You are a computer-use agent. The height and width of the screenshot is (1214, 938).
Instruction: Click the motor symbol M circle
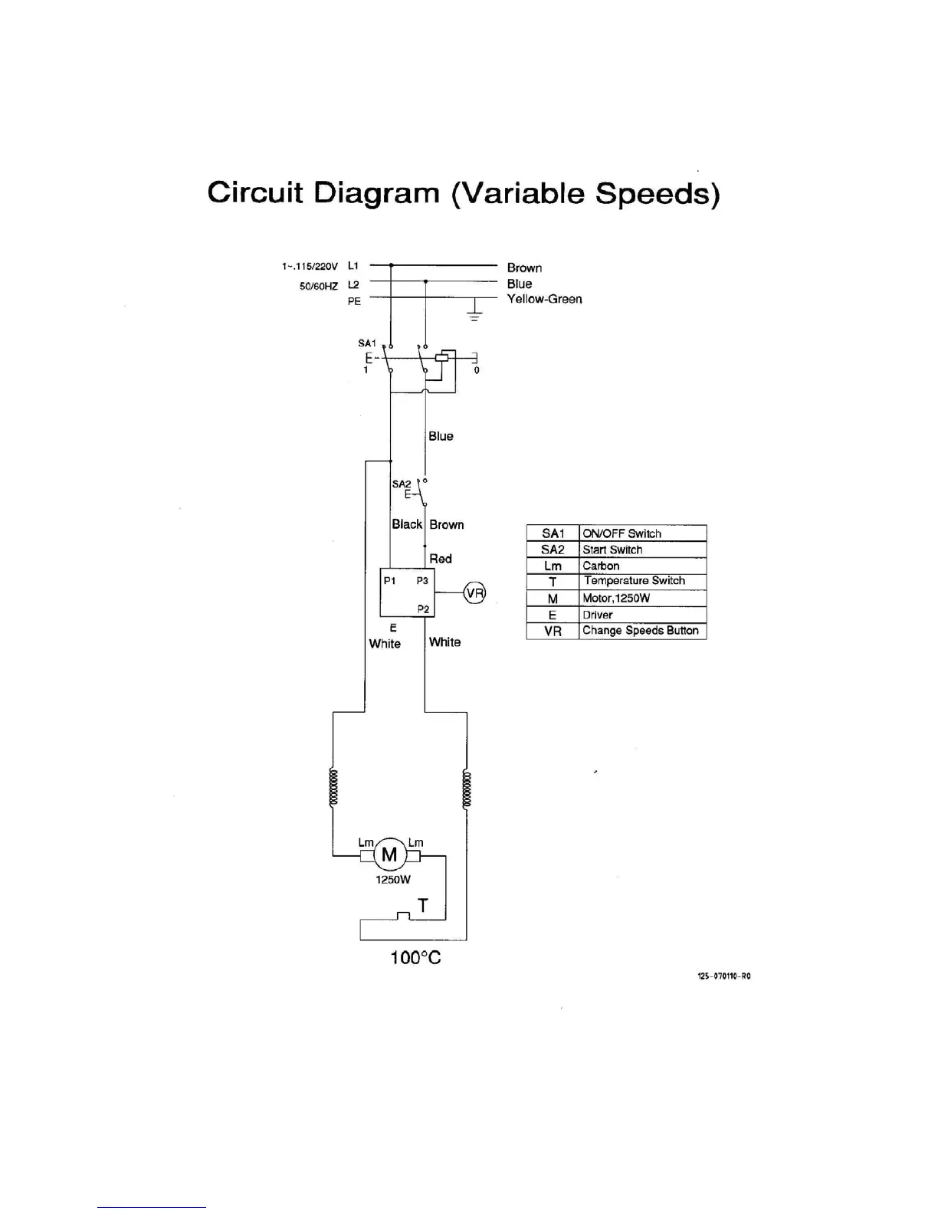pyautogui.click(x=389, y=855)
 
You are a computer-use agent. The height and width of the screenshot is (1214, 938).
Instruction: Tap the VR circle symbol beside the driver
pyautogui.click(x=475, y=592)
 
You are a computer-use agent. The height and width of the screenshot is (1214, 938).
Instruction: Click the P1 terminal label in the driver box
pyautogui.click(x=390, y=580)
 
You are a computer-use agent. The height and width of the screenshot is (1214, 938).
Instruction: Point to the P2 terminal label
pyautogui.click(x=423, y=609)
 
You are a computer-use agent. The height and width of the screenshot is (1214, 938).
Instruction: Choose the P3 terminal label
pyautogui.click(x=422, y=580)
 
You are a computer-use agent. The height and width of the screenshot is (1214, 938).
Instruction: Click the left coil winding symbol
pyautogui.click(x=333, y=787)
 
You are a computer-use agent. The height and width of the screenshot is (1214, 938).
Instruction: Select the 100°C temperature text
pyautogui.click(x=415, y=957)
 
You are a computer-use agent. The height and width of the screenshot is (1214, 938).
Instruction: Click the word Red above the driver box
pyautogui.click(x=441, y=559)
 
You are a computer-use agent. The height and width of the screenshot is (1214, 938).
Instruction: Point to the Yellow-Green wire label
pyautogui.click(x=544, y=299)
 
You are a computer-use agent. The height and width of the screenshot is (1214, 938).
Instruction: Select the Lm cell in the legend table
pyautogui.click(x=553, y=566)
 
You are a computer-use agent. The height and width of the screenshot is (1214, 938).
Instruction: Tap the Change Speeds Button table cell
pyautogui.click(x=641, y=631)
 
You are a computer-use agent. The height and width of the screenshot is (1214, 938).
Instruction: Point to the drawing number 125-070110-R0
pyautogui.click(x=724, y=976)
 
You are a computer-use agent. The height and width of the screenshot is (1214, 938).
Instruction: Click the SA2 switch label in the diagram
pyautogui.click(x=402, y=484)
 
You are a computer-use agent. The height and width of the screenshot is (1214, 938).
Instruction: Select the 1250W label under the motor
pyautogui.click(x=392, y=880)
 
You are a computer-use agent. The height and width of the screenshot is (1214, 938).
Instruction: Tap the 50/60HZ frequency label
pyautogui.click(x=319, y=286)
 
